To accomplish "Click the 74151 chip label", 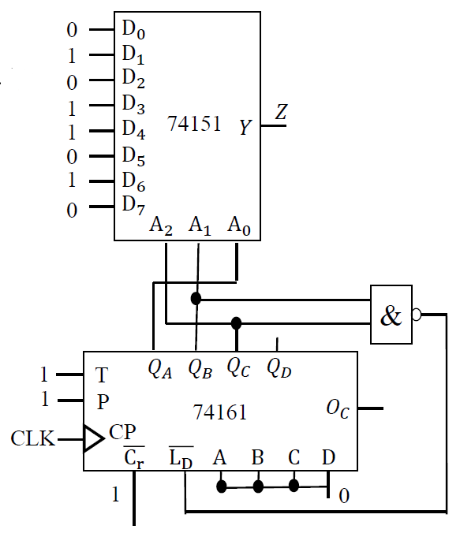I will click(x=194, y=124).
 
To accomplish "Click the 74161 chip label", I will click(x=220, y=412).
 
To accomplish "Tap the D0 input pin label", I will click(x=133, y=30).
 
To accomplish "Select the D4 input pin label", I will click(x=133, y=130).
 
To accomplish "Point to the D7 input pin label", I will click(x=133, y=205).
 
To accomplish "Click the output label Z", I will click(x=281, y=113).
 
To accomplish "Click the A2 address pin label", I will click(x=161, y=226).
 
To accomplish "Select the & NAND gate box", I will click(x=391, y=315).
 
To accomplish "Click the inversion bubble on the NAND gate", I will click(x=416, y=315).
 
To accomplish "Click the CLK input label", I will click(x=33, y=438).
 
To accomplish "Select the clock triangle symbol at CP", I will click(x=93, y=438).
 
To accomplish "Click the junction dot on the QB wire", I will click(x=196, y=299).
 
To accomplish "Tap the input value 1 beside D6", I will click(x=73, y=181).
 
